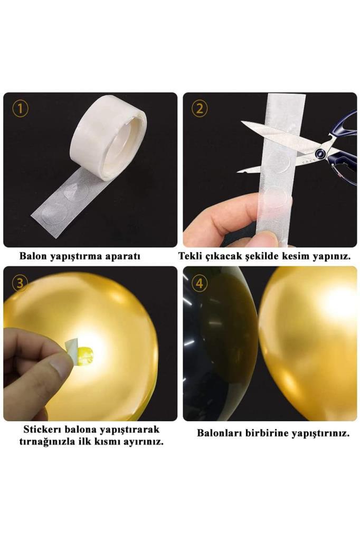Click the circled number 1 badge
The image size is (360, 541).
click(20, 109)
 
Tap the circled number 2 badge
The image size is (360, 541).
click(199, 109)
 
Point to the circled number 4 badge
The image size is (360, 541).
click(199, 283)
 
